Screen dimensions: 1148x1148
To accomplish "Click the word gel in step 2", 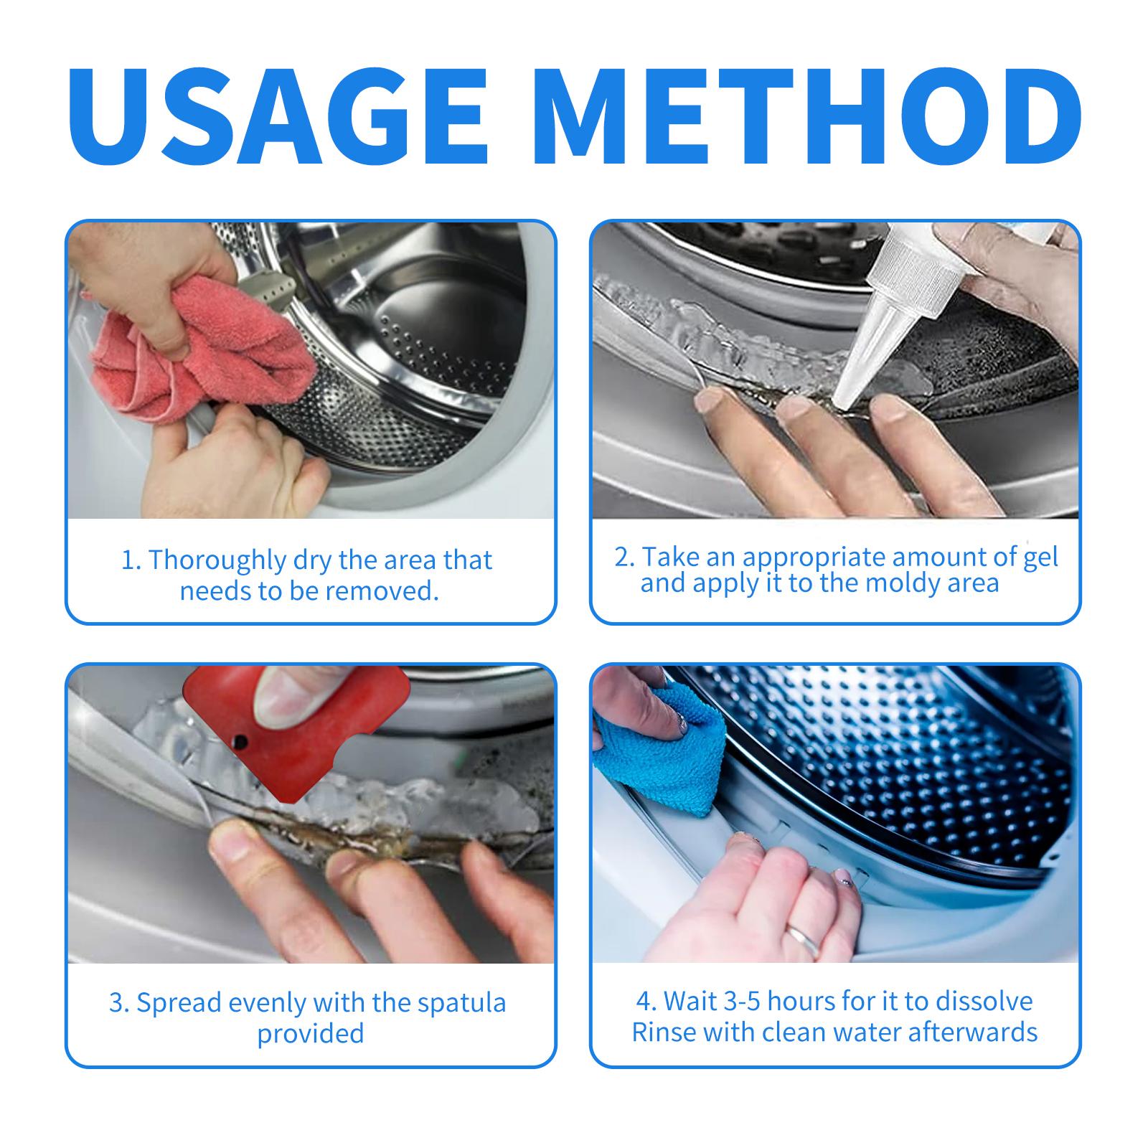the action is pos(1040,558).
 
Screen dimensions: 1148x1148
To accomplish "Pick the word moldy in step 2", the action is pos(907,583).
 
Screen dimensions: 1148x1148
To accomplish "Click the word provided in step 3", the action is pos(311,1033).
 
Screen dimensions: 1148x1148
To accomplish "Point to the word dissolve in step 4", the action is pos(982,1001).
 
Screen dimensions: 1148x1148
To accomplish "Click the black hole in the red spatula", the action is pos(242,740).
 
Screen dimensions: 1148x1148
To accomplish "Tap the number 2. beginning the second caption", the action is pos(624,558).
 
